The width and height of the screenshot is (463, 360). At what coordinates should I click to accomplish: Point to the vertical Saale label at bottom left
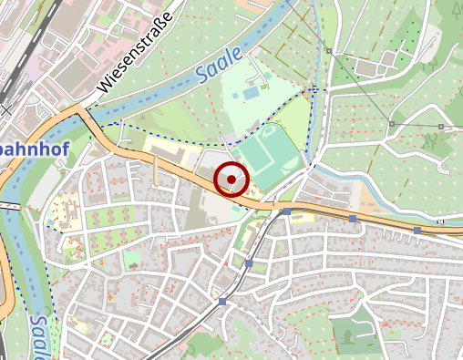38,333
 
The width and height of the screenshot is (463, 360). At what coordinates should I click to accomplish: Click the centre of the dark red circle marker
231,179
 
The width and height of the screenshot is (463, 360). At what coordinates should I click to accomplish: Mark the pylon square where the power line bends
391,124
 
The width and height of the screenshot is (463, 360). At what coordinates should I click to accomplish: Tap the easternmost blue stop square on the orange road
417,231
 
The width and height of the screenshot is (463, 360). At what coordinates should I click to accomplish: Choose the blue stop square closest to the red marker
286,211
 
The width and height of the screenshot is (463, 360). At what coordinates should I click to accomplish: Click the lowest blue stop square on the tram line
222,301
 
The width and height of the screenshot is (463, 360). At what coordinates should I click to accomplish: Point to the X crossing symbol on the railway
7,110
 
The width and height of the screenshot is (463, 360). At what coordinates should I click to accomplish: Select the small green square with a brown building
133,260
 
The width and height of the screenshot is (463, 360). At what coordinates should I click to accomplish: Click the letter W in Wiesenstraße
102,88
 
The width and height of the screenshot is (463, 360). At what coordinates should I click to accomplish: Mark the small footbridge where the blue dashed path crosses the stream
313,89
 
